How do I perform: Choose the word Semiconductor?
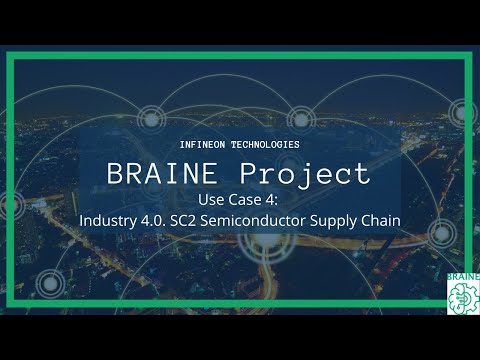point(254,219)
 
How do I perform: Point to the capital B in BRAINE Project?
point(116,174)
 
